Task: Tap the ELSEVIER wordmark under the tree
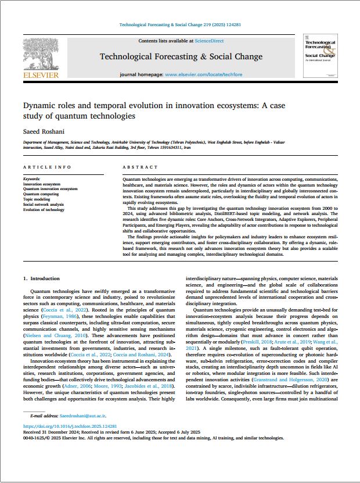[x=40, y=75]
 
